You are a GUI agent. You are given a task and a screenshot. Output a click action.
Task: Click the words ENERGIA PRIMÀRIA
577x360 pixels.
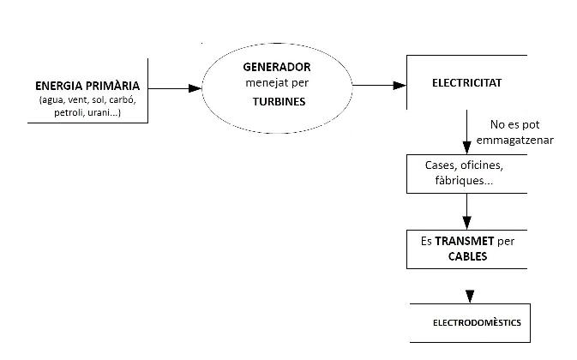(87, 86)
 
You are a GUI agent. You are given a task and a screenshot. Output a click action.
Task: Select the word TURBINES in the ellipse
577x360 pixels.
(279, 100)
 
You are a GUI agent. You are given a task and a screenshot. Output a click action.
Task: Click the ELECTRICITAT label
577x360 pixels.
(467, 84)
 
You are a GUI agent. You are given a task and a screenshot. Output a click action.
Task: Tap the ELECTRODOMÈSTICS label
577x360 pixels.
(476, 323)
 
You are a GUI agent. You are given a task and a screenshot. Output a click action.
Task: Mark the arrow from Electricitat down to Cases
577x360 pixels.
(467, 132)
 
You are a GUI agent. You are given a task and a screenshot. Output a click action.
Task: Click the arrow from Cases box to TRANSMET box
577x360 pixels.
(467, 210)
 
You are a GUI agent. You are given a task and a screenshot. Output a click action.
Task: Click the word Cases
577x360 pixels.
(440, 165)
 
